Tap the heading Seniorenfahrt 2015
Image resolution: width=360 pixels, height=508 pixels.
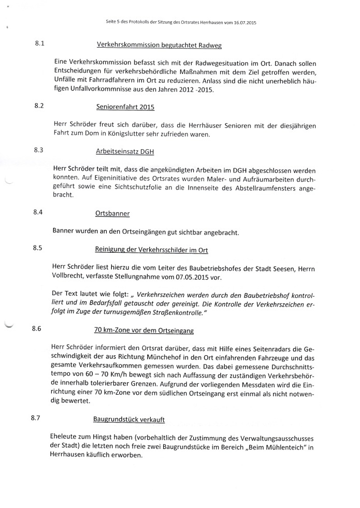click(x=125, y=107)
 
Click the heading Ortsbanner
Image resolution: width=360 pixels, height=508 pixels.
click(x=112, y=213)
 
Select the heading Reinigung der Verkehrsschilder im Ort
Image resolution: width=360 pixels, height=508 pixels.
click(x=151, y=250)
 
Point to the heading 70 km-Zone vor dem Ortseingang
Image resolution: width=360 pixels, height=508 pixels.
click(x=144, y=329)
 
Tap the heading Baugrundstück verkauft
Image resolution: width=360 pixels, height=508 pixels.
click(x=129, y=418)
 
